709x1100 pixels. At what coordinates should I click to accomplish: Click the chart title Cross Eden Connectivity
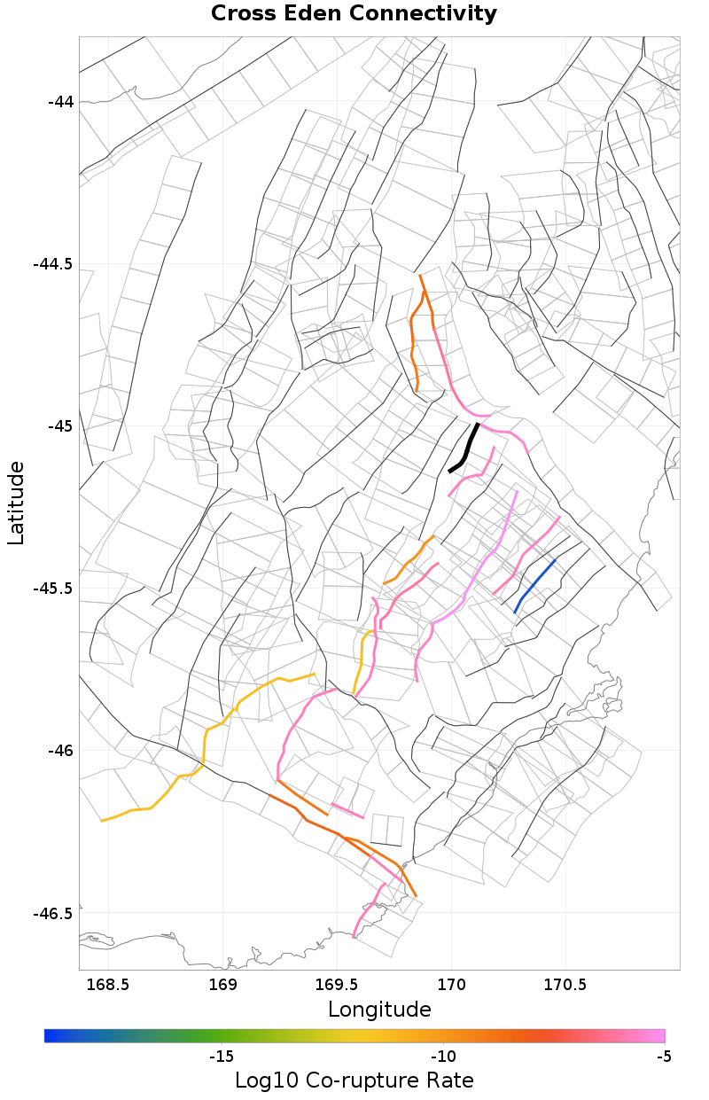354,14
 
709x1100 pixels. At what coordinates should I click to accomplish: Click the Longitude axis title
379,1010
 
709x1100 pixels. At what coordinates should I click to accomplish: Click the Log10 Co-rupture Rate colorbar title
354,1080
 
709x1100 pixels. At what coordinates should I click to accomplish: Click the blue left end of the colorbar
49,1035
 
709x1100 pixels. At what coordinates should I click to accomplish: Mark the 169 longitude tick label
222,985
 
